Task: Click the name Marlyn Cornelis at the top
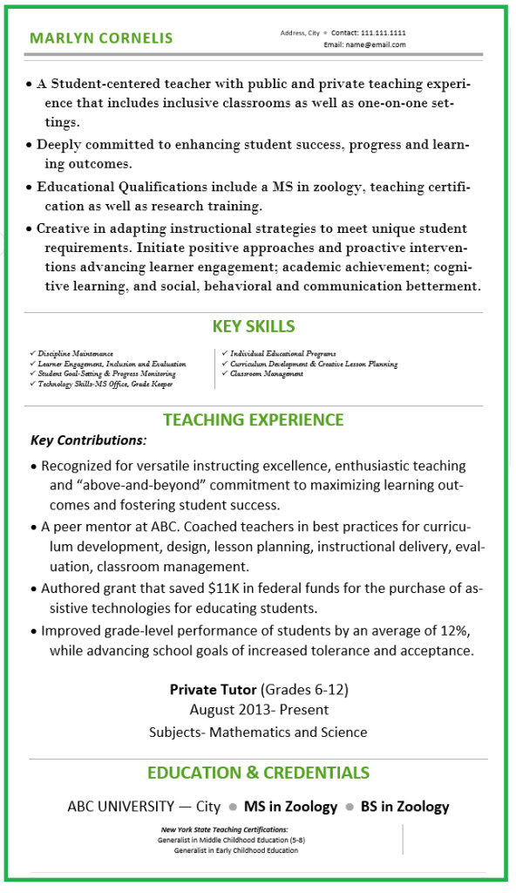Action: (101, 38)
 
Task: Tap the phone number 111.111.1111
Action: (386, 32)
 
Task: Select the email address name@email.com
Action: (377, 44)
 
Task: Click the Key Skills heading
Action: (254, 327)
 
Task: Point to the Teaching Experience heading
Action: (254, 419)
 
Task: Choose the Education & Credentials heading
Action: (258, 773)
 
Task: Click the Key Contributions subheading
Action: (89, 440)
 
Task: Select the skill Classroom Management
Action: (267, 374)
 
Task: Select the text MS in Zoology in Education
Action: (290, 807)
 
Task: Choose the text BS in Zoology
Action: (405, 807)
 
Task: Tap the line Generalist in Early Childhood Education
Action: (235, 850)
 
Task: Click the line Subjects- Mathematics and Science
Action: (258, 733)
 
